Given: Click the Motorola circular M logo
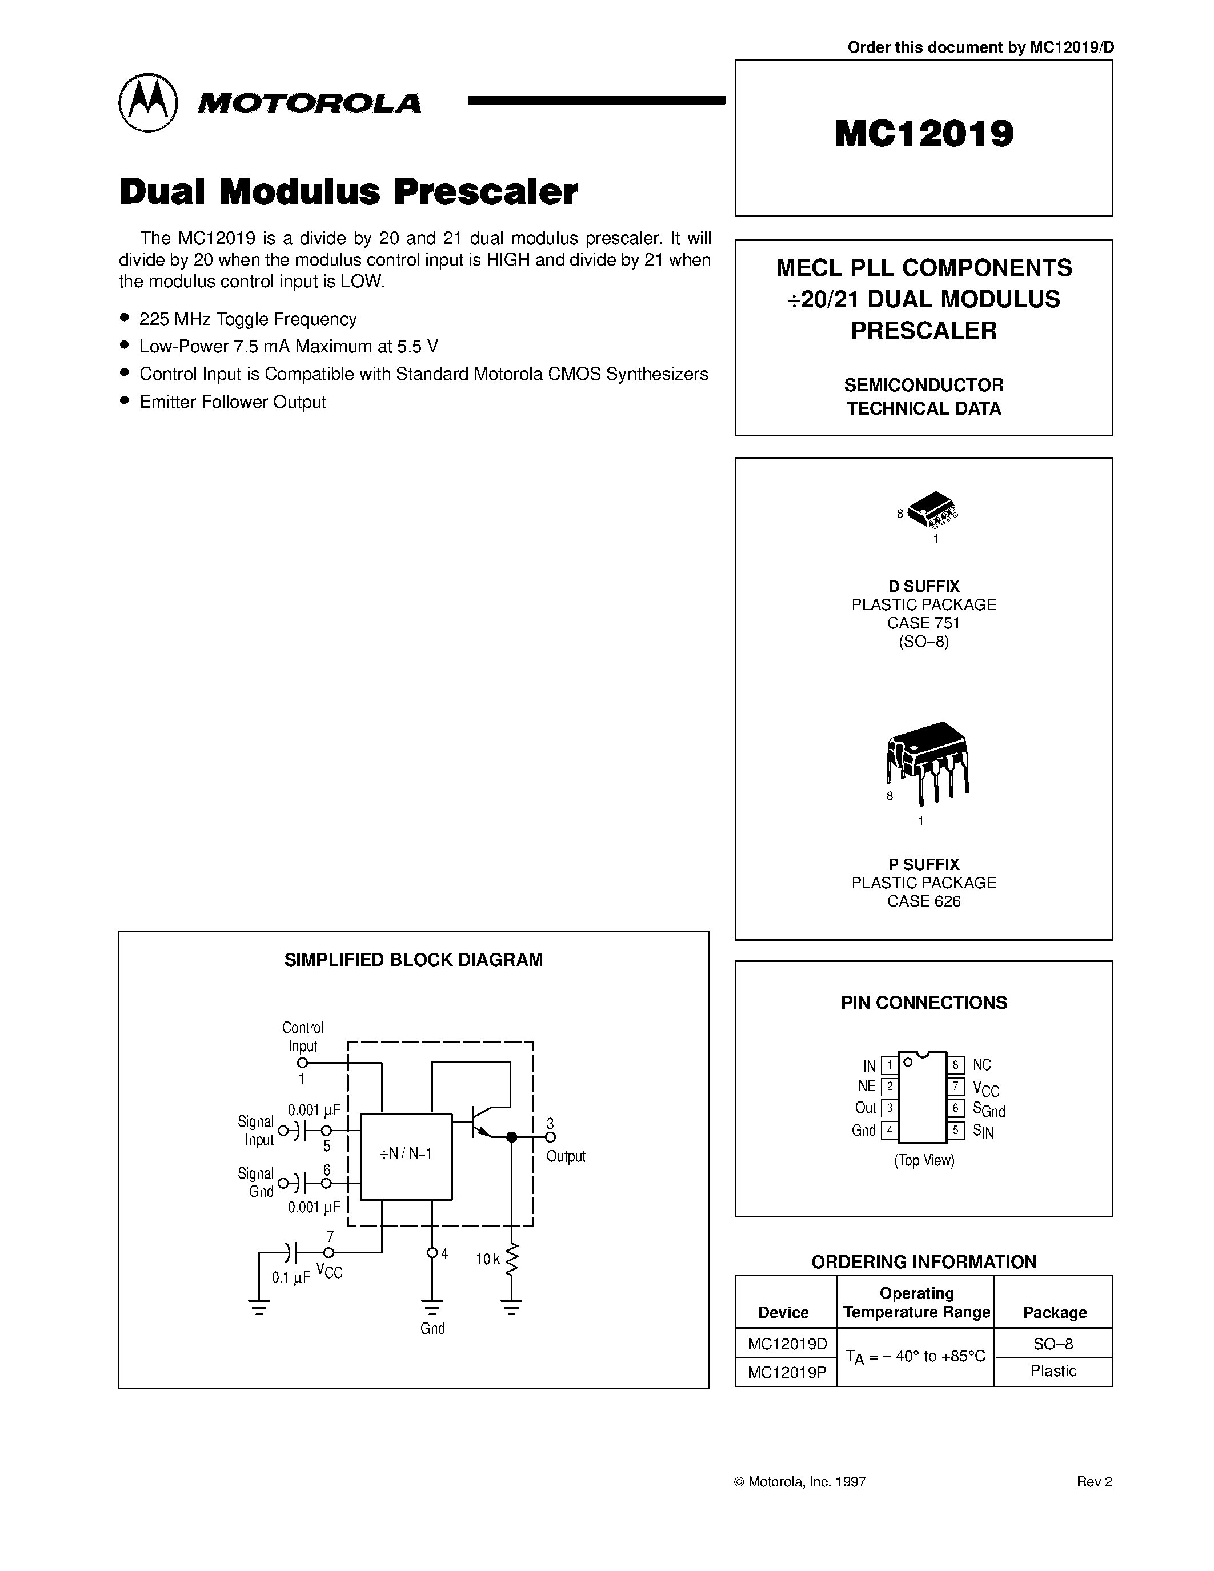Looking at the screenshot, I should point(147,102).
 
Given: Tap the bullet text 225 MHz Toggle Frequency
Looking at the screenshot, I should point(247,319).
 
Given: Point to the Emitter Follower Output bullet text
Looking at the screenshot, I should point(233,402).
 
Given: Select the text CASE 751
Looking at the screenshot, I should point(923,623).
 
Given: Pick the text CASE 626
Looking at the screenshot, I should point(923,901).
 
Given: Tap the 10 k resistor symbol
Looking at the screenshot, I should point(511,1260).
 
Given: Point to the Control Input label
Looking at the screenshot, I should point(302,1036).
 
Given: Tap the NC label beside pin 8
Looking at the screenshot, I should point(981,1065).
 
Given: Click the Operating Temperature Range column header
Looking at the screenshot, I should point(916,1303).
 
